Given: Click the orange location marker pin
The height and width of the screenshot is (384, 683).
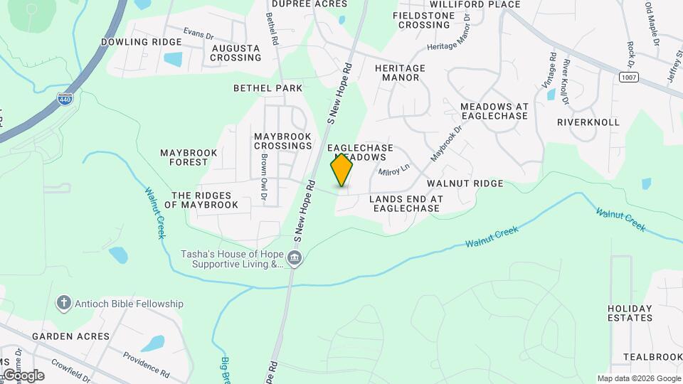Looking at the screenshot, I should pyautogui.click(x=341, y=170).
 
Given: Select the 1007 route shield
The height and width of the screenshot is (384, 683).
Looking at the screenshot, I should pyautogui.click(x=627, y=76).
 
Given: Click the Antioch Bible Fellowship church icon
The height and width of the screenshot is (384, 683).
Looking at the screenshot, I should pyautogui.click(x=63, y=304).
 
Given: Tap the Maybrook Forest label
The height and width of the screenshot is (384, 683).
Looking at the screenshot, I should pyautogui.click(x=184, y=157).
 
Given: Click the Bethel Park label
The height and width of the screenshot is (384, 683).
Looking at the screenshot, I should pyautogui.click(x=268, y=88).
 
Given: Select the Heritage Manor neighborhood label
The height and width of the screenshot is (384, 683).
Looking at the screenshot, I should pyautogui.click(x=400, y=73).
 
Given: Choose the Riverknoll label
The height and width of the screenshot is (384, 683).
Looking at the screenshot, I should pyautogui.click(x=588, y=122).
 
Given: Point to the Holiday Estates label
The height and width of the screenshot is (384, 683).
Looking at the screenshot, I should pyautogui.click(x=630, y=313).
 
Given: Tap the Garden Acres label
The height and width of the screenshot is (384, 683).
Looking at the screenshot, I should pyautogui.click(x=70, y=336).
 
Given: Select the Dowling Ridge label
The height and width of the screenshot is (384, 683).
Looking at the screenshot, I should pyautogui.click(x=141, y=42).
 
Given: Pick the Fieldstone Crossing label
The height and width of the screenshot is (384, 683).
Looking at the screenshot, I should pyautogui.click(x=424, y=20).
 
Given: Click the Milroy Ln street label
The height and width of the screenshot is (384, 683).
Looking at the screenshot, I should pyautogui.click(x=394, y=171).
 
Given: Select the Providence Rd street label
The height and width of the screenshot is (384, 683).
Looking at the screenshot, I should pyautogui.click(x=145, y=363).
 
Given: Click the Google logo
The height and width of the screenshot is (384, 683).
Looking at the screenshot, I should pyautogui.click(x=23, y=375).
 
